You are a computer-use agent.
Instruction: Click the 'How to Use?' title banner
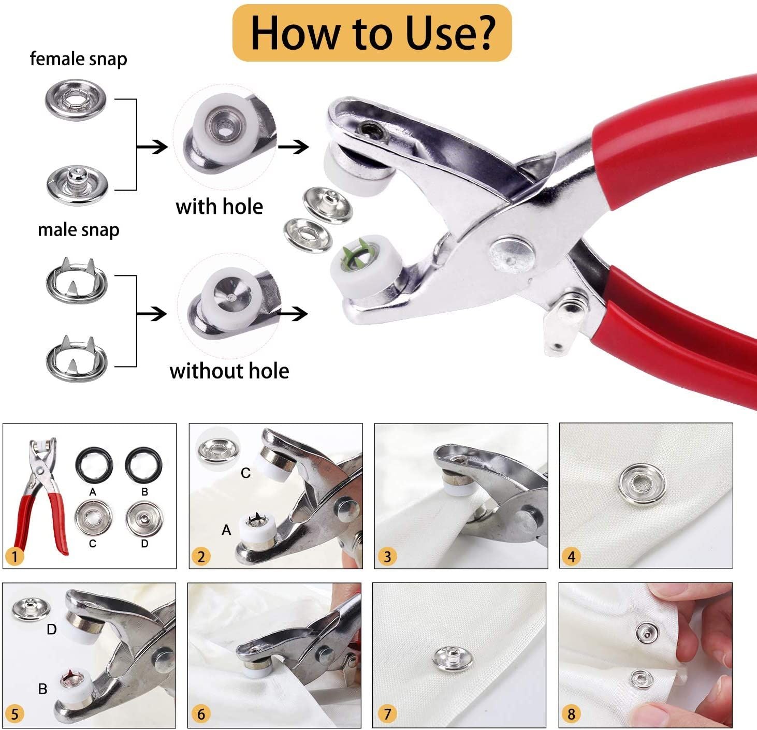372,33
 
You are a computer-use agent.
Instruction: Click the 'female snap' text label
78,59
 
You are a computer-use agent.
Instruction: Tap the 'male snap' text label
78,229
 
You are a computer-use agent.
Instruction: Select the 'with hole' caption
219,207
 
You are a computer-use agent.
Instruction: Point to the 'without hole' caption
229,371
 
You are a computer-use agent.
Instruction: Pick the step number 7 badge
387,714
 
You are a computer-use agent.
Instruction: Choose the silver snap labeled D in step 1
144,518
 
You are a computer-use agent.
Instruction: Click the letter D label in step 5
51,630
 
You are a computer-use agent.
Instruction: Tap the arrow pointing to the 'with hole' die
152,147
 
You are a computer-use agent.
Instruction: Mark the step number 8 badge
571,714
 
